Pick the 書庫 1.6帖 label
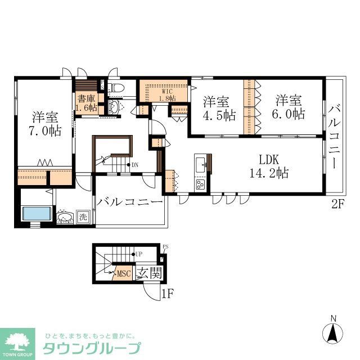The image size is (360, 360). tap(87, 101)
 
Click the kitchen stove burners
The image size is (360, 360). tap(201, 184)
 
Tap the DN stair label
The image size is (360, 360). tap(135, 165)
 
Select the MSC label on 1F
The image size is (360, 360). tap(124, 274)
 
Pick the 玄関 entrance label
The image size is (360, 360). tap(149, 273)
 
